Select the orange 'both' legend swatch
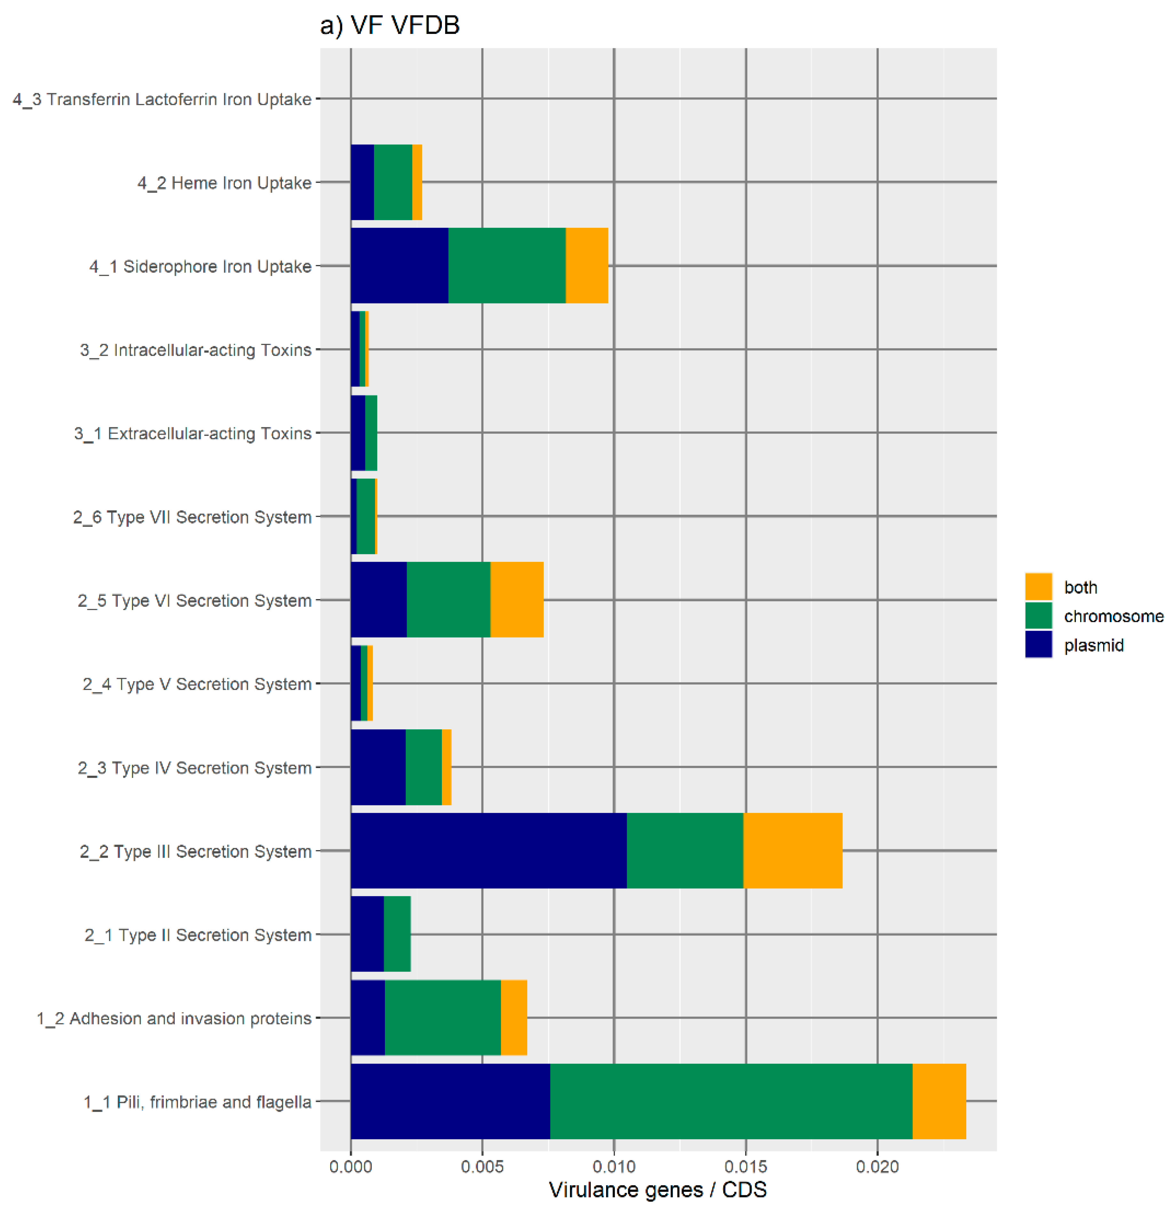1038,587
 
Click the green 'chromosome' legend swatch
1038,615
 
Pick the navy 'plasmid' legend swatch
1038,645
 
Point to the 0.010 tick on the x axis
614,1167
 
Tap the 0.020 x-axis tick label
877,1167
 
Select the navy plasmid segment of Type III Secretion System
488,851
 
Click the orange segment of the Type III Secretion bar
793,851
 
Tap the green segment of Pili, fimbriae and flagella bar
731,1101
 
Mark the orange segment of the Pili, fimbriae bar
939,1101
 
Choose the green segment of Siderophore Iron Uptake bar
507,266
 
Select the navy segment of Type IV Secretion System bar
378,767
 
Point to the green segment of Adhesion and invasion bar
443,1018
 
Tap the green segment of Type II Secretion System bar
397,934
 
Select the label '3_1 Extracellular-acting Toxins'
193,433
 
